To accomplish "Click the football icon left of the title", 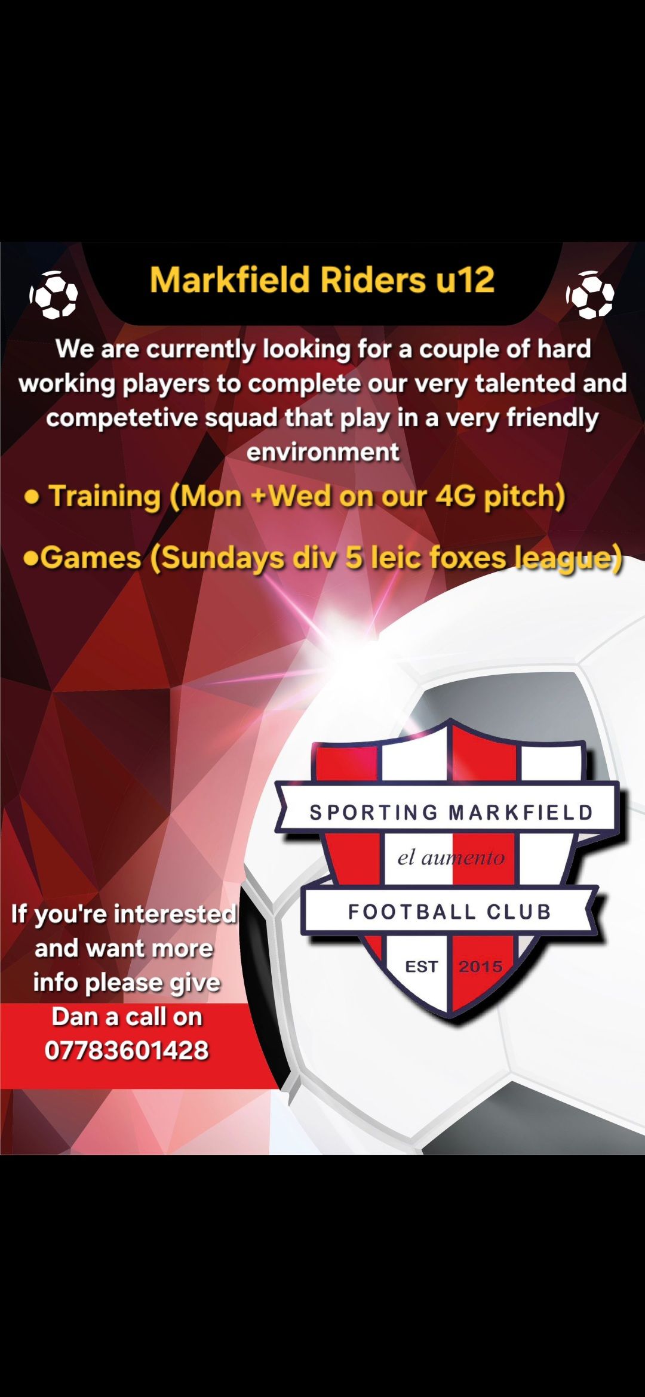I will pos(54,295).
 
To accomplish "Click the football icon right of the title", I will pos(590,295).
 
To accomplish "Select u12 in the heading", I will pos(465,280).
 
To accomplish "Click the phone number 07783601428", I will pos(127,1051).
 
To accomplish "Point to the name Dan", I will pos(75,1017).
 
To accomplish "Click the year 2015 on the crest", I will pos(480,967).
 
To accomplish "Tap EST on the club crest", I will pos(422,967).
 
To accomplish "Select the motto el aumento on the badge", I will pos(451,858).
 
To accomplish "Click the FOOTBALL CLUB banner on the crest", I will pos(449,912).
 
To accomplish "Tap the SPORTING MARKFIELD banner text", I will pos(451,813).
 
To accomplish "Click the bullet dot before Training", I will pos(32,497).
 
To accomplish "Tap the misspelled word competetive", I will pos(121,418).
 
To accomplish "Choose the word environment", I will pos(323,452).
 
